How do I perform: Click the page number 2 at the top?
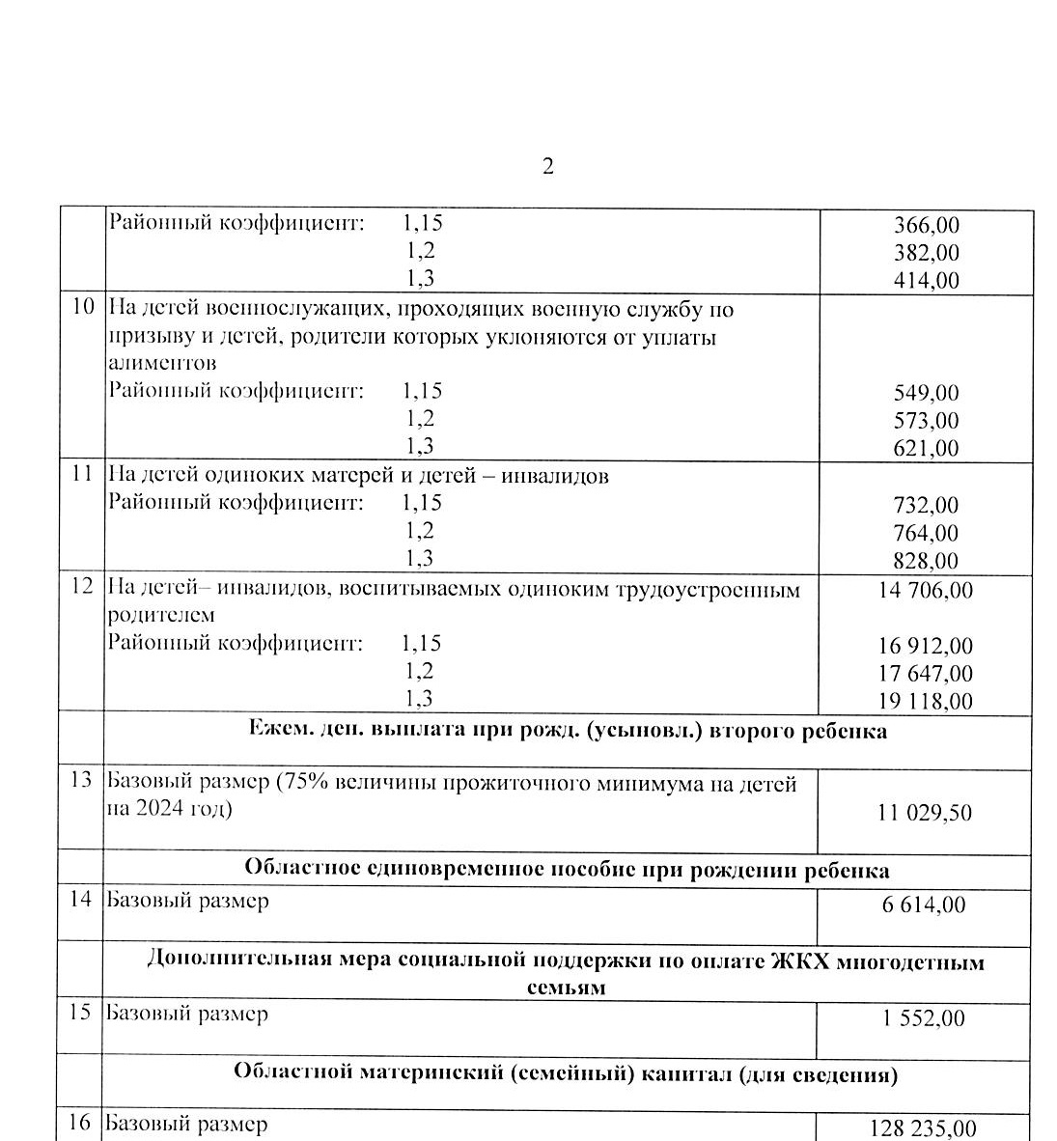[x=548, y=166]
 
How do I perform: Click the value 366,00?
[x=927, y=225]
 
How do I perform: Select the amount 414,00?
[x=927, y=281]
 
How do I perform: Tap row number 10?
[x=83, y=308]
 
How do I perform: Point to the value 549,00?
[x=927, y=393]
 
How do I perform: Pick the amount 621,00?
[x=927, y=448]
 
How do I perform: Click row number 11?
[x=83, y=475]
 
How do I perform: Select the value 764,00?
[x=927, y=533]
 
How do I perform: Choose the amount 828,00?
[x=927, y=561]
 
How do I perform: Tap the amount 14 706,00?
[x=926, y=590]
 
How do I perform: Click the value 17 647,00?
[x=926, y=674]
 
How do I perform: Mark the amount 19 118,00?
[x=926, y=702]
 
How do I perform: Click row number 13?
[x=82, y=780]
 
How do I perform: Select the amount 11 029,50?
[x=925, y=813]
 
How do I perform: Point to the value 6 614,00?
[x=924, y=904]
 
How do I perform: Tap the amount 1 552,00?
[x=924, y=1018]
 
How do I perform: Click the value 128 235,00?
[x=924, y=1128]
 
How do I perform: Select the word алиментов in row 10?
[x=162, y=364]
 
